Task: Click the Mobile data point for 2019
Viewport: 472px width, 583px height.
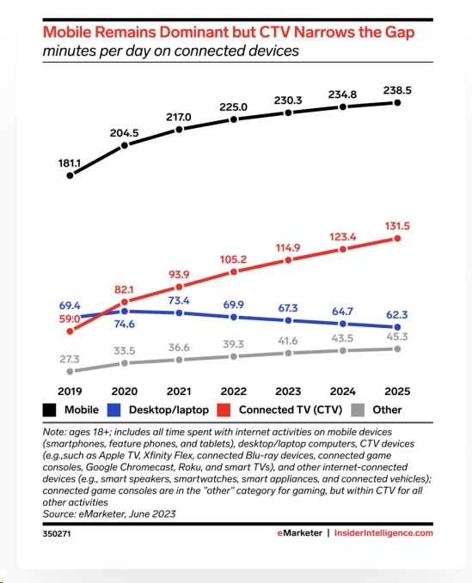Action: point(70,175)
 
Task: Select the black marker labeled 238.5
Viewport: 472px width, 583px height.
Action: point(397,103)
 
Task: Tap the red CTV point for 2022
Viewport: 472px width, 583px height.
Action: point(233,272)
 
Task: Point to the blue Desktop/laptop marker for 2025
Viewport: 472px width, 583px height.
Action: point(397,327)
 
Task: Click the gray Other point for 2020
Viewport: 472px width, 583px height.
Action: point(125,363)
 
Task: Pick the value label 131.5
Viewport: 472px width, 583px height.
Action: point(397,226)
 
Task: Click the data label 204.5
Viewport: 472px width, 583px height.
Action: point(125,133)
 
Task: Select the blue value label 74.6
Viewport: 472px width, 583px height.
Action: point(125,325)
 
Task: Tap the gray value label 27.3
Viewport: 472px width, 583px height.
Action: point(70,359)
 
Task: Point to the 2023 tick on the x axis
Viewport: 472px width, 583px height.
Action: point(288,392)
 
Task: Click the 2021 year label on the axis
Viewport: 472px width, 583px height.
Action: point(179,392)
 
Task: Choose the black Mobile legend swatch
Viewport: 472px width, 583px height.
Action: point(50,410)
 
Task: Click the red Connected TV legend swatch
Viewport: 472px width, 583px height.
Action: point(224,410)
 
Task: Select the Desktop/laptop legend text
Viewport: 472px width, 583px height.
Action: point(169,410)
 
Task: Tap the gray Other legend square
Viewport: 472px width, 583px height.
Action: point(358,410)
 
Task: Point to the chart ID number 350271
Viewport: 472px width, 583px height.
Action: point(57,533)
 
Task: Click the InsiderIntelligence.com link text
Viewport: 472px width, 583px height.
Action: point(383,533)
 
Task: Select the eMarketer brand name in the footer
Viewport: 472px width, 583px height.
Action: point(300,533)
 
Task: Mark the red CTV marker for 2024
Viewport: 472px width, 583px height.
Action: point(343,250)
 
